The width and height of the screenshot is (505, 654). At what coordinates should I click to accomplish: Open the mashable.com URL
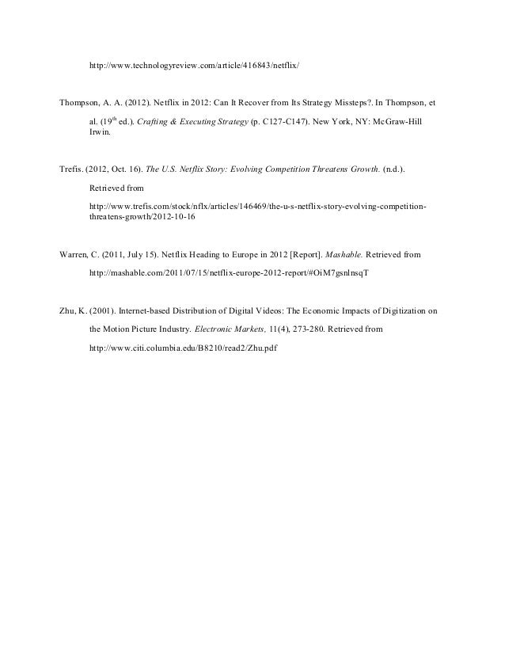230,272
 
